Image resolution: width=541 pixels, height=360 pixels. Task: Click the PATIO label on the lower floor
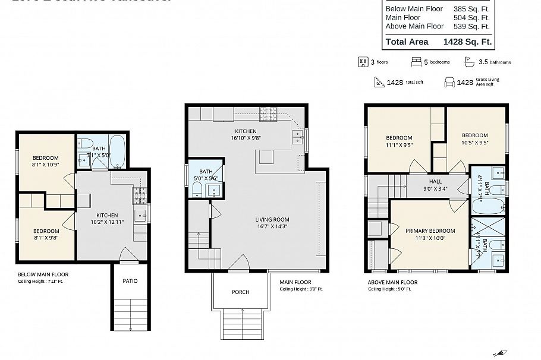130,280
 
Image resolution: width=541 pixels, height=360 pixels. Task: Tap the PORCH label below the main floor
241,292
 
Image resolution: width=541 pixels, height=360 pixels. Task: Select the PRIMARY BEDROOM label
430,230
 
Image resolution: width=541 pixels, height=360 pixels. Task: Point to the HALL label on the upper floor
435,182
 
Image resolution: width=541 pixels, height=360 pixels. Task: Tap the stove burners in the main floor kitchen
269,112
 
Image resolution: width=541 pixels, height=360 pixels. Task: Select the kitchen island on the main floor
266,157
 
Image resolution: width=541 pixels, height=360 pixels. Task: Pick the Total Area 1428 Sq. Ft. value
467,42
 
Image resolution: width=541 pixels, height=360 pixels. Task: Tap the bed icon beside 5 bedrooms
417,62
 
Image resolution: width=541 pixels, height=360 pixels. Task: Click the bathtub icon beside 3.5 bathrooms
469,62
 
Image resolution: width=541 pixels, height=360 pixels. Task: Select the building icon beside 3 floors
363,62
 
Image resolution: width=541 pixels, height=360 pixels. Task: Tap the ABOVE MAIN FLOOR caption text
392,283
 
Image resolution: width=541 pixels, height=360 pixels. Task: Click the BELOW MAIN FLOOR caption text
43,274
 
